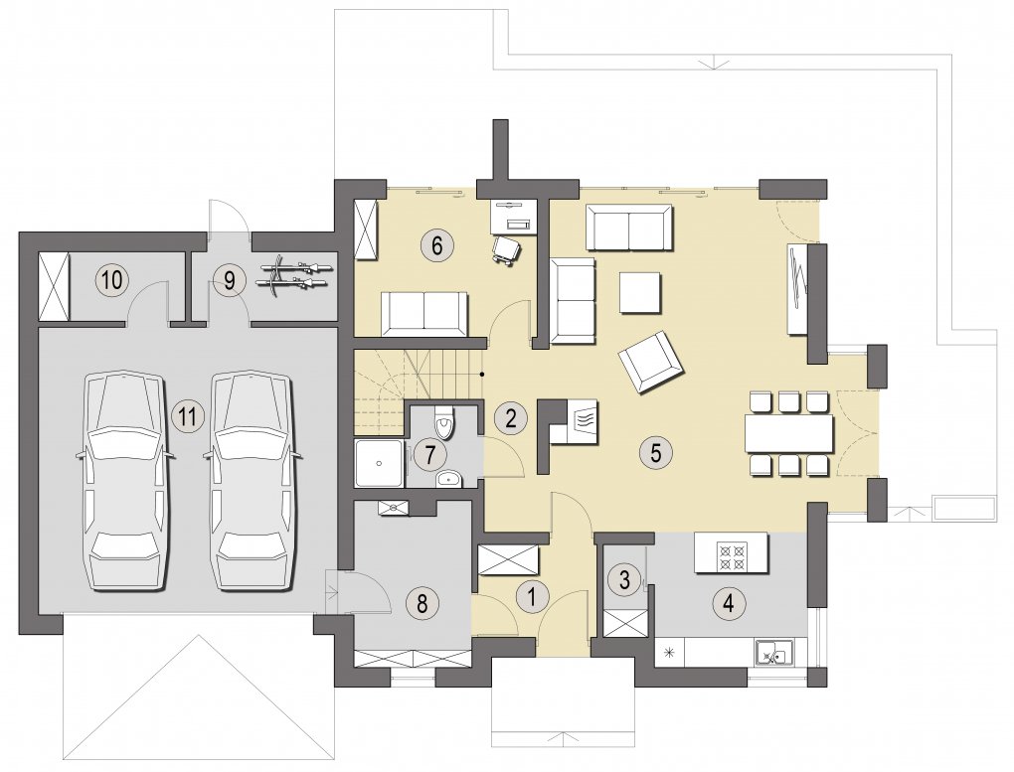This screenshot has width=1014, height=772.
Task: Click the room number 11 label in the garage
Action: [188, 415]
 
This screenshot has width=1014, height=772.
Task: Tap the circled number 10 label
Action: [112, 280]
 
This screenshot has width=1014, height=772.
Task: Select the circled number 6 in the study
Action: [436, 245]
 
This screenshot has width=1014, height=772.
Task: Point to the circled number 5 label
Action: [656, 453]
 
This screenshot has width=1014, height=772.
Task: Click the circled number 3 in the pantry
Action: [624, 578]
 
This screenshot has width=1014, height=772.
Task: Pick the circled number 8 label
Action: [422, 603]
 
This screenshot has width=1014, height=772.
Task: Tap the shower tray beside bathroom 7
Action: [380, 464]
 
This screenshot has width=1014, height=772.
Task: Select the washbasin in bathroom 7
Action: [449, 479]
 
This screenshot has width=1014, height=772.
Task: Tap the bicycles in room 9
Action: [295, 275]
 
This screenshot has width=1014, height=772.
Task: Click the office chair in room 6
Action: [506, 249]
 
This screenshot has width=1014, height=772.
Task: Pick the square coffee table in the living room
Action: [641, 293]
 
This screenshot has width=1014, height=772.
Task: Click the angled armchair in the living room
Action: [650, 362]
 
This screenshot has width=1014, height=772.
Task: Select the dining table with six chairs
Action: [789, 433]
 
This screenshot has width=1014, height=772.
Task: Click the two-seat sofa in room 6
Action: [423, 314]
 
